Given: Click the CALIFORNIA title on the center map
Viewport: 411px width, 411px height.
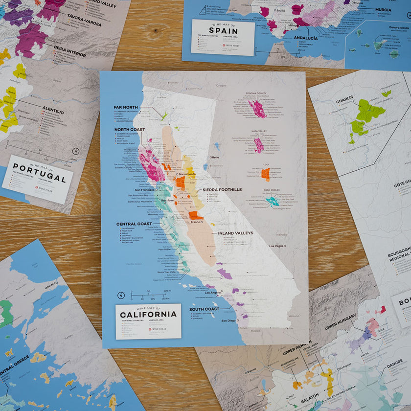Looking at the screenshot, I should coord(148,314).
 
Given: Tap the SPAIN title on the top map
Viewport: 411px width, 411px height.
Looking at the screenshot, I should coord(223,30).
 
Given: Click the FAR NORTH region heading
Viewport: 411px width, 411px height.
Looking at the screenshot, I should coord(126,107).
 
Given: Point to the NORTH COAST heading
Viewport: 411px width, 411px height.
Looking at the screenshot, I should coord(130,130).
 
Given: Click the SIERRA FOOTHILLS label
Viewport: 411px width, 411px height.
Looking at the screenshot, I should coord(222,189).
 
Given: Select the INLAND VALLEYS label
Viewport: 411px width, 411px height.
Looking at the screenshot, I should coord(236,233).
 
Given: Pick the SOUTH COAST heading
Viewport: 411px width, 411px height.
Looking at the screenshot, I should coord(205,309).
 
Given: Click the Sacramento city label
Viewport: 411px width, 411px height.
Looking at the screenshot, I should coord(187,174).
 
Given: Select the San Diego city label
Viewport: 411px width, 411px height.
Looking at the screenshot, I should coord(228,321).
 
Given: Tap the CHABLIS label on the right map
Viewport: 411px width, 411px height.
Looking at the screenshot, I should coord(344,103).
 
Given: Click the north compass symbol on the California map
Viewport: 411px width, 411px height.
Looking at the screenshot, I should coord(121,296).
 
